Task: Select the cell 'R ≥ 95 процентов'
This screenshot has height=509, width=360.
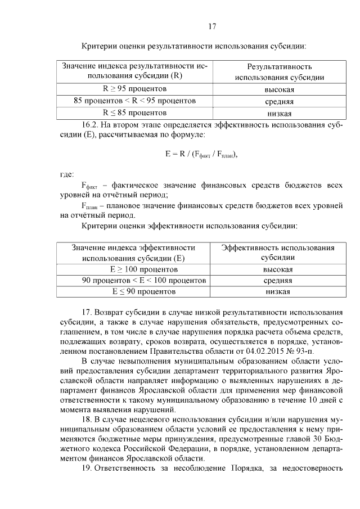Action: pos(134,89)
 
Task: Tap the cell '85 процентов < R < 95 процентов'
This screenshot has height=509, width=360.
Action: pos(134,101)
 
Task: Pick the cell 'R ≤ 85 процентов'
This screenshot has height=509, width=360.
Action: pos(134,112)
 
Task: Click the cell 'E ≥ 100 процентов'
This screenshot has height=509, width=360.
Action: pos(134,269)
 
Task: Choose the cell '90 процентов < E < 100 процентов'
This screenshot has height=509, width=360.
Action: pos(134,280)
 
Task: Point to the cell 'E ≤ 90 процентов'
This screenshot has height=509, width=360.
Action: pos(134,291)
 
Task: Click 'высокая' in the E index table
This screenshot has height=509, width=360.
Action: pos(278,269)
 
